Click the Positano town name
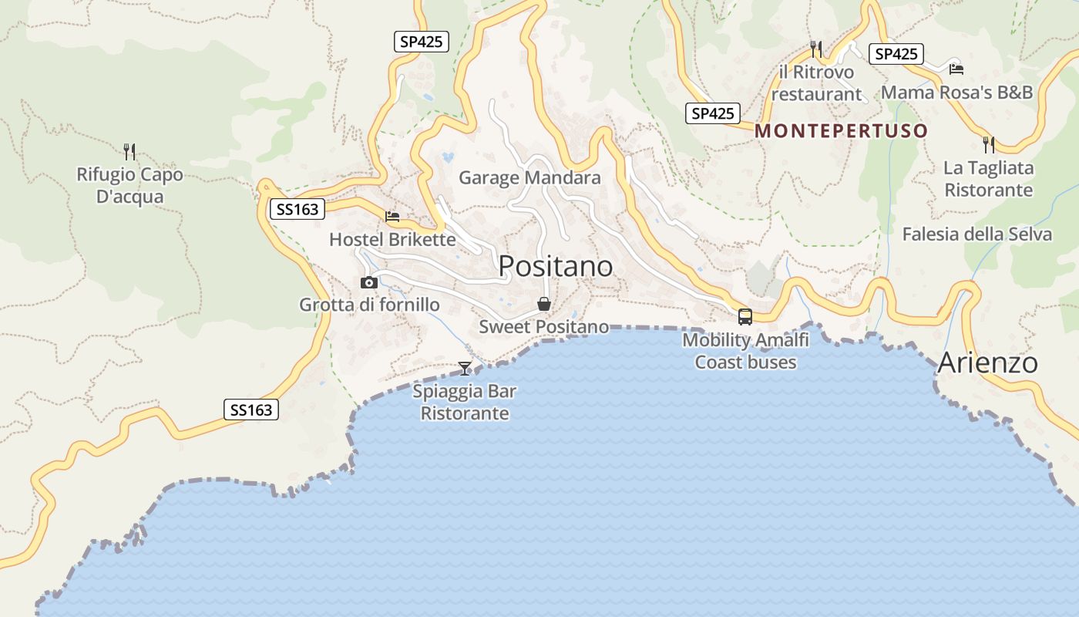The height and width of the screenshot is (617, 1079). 556,266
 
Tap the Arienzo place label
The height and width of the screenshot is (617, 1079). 987,362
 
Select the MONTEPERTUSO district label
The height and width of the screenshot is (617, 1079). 841,131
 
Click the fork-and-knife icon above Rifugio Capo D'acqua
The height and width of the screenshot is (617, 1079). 129,151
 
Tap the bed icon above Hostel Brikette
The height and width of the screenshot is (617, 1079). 392,217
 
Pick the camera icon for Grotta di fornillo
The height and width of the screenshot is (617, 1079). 369,282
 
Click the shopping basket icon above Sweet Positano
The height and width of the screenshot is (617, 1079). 544,304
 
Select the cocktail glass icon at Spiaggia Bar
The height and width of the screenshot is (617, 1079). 465,368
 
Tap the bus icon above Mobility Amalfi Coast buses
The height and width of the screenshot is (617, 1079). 745,316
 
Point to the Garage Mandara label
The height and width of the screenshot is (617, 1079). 529,178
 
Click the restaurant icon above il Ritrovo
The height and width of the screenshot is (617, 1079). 816,49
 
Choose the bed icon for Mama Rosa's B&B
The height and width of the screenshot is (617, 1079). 956,69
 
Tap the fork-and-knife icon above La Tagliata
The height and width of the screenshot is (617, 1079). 988,144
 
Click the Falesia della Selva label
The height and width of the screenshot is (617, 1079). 976,234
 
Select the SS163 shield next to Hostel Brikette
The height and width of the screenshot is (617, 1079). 296,209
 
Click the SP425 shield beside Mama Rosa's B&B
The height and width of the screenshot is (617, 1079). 896,54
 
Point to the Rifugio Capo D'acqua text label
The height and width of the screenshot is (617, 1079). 129,186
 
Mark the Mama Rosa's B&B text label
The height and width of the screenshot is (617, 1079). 956,93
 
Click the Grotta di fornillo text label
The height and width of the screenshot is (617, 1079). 369,305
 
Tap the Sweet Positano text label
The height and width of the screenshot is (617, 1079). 544,327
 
